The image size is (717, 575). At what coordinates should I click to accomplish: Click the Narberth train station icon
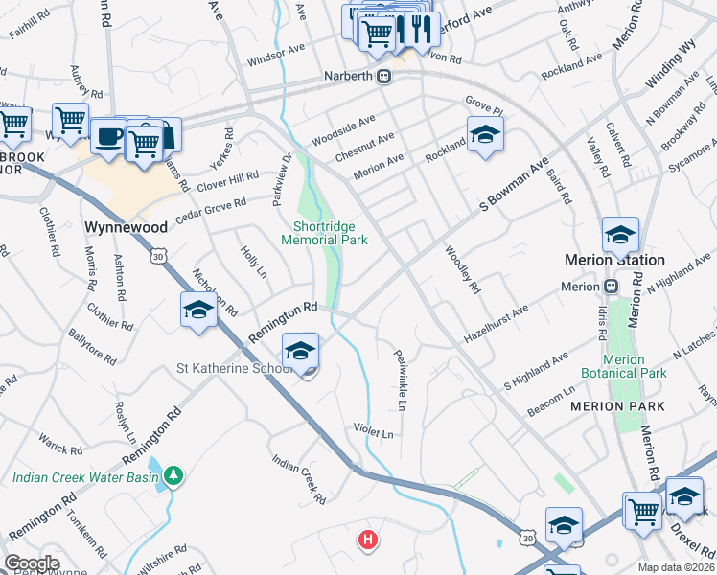pyautogui.click(x=383, y=76)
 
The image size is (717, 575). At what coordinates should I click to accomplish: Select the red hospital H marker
pyautogui.click(x=366, y=540)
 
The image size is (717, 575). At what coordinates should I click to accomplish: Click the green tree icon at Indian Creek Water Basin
pyautogui.click(x=173, y=475)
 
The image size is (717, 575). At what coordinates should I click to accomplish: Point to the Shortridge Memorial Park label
pyautogui.click(x=324, y=234)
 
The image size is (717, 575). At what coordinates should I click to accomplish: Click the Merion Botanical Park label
pyautogui.click(x=624, y=366)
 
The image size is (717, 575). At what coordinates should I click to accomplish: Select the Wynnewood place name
pyautogui.click(x=127, y=227)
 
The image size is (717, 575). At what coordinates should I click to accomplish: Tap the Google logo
pyautogui.click(x=33, y=563)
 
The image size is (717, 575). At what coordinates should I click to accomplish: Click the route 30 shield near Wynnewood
pyautogui.click(x=159, y=256)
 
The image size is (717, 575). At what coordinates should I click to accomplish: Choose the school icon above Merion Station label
pyautogui.click(x=620, y=233)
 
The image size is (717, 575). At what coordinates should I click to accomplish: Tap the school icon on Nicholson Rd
pyautogui.click(x=198, y=310)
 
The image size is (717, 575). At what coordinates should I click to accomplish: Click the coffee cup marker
pyautogui.click(x=108, y=133)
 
